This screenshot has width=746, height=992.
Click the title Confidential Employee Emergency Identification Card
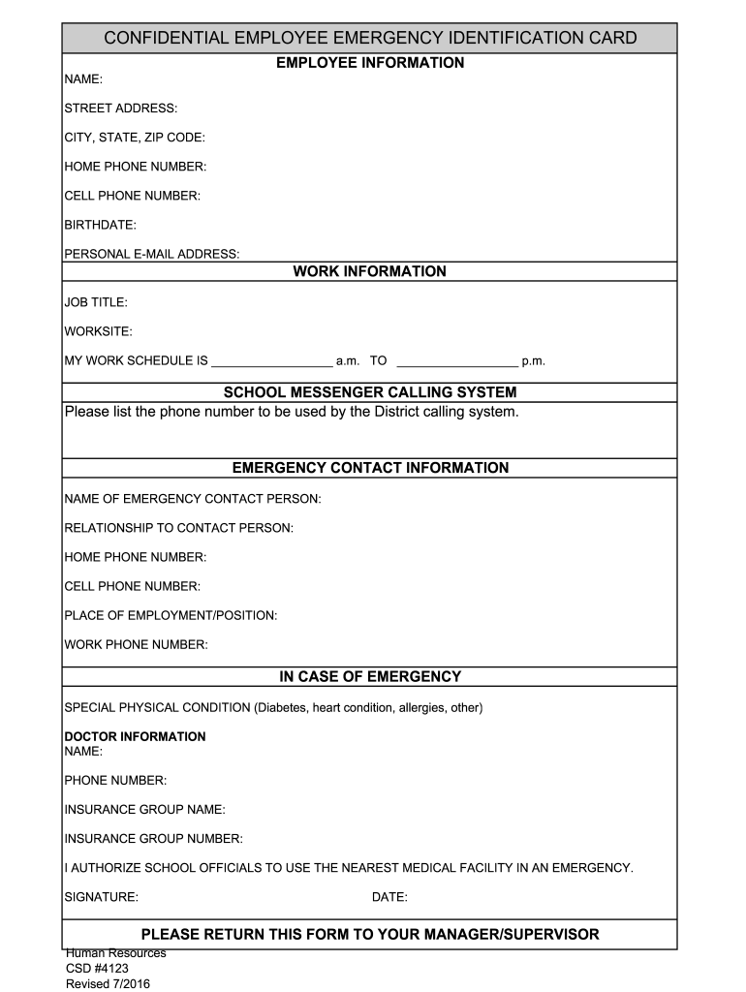click(370, 39)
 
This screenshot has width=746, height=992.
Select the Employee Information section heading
click(370, 63)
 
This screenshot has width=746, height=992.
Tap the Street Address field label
click(120, 108)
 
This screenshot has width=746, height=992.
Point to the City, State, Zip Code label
click(135, 138)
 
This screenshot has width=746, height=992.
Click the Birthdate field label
click(100, 225)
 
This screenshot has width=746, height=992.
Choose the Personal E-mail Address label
click(151, 254)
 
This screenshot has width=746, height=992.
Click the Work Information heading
click(370, 271)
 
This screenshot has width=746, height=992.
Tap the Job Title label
click(96, 302)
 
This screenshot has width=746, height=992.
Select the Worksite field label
click(98, 331)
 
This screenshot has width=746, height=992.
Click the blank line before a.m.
click(271, 362)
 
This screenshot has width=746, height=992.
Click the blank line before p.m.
click(457, 362)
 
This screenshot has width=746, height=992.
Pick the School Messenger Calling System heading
click(370, 392)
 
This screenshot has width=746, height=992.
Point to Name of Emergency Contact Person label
click(192, 499)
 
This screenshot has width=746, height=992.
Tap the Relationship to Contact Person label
click(178, 528)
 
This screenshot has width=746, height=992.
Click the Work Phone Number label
click(136, 644)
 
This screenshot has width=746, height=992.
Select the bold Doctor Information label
click(135, 736)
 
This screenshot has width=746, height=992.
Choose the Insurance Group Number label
click(153, 838)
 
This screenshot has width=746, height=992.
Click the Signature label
click(101, 897)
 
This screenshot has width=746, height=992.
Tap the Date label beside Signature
click(389, 897)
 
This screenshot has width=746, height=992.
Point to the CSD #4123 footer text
click(97, 968)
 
